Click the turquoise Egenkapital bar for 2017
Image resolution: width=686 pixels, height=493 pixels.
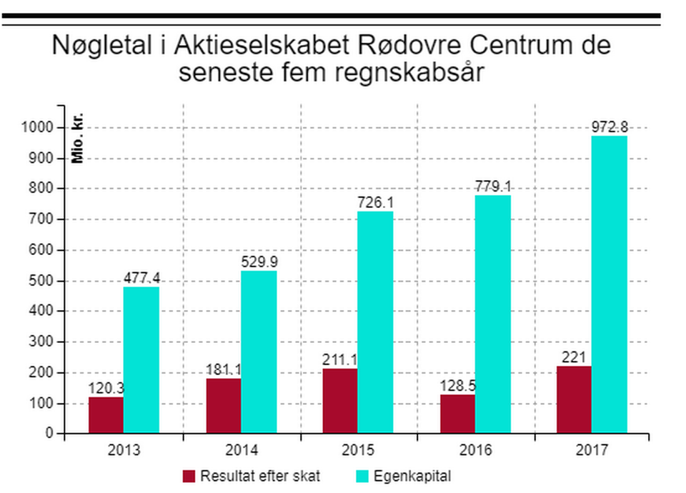(x=610, y=284)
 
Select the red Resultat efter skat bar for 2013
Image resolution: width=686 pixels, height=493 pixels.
(x=106, y=415)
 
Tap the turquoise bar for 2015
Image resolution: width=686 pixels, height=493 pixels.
(x=375, y=322)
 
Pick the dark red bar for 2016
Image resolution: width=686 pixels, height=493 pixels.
(x=457, y=414)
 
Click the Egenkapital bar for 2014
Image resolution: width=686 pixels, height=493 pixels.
(x=259, y=352)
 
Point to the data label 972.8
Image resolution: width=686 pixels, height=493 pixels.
(x=610, y=127)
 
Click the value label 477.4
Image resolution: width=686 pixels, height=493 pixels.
(x=141, y=278)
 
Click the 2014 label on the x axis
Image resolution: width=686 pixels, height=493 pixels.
(x=242, y=451)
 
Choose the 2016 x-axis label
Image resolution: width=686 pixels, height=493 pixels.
(x=476, y=451)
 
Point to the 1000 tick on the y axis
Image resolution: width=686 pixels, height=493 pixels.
(x=41, y=127)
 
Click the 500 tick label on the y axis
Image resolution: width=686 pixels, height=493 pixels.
(x=44, y=281)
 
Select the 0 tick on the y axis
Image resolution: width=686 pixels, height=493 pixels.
(x=50, y=434)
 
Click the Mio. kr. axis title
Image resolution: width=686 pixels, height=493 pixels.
(x=78, y=138)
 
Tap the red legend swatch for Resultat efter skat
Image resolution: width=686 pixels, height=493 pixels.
(x=189, y=476)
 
